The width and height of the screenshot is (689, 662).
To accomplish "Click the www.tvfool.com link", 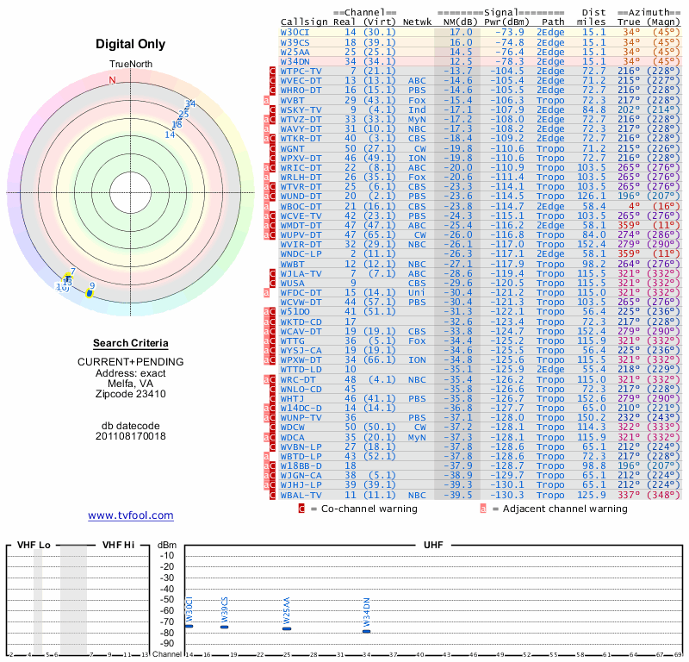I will point(131,515).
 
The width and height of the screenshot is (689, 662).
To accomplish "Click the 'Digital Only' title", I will point(131,44).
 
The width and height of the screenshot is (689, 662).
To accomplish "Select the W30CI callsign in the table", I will point(296,32).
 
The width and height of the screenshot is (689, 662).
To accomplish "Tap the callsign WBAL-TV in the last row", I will point(301,496).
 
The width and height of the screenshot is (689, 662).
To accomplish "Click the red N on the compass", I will point(111,81).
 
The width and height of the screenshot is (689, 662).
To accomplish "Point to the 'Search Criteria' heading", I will point(131,343).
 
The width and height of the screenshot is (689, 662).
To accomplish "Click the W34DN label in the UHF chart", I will point(366,612).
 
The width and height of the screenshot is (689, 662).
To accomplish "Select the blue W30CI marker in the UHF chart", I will point(189,626).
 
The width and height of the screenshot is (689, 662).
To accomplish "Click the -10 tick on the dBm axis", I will point(168,555).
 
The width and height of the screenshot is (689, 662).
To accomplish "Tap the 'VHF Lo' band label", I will point(34,546).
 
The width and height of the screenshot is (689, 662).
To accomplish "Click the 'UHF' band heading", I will point(433,546).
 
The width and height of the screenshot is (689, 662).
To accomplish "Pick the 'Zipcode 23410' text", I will point(131,394).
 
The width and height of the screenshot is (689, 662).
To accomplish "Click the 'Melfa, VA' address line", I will point(131,384).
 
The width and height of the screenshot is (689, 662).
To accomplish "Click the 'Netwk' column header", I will point(417,21).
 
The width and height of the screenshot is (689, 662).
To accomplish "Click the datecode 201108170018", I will point(131,436).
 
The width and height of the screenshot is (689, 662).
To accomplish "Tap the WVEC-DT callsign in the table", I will point(301,80).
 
